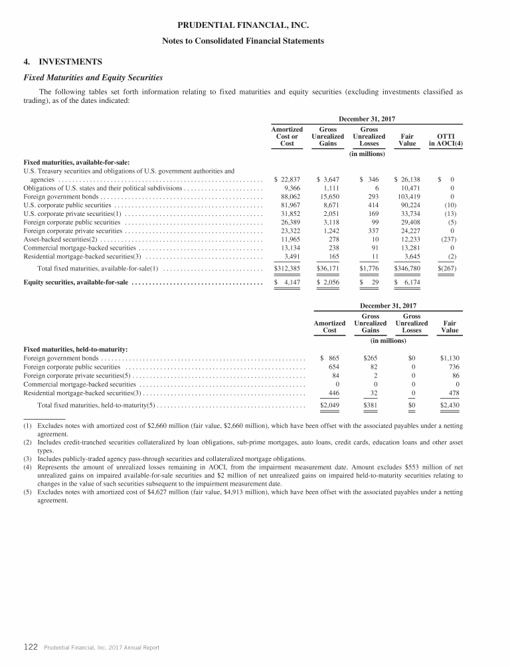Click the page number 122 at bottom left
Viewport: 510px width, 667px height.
[31, 647]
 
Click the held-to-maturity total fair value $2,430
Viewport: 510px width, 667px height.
[450, 405]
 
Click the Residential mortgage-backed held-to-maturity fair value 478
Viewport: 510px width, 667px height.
[453, 393]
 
